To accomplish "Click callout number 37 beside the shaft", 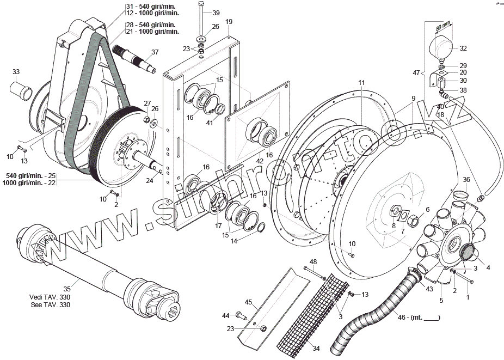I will (155, 52).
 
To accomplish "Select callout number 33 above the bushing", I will (16, 72).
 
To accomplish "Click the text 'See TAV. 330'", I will (51, 304).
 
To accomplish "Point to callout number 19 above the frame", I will (229, 21).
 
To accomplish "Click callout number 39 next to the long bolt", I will (216, 13).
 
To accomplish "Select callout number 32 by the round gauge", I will (463, 48).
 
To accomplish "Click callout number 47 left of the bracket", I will (416, 72).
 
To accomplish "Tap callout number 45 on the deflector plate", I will (248, 302).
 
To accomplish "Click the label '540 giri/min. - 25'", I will (30, 176).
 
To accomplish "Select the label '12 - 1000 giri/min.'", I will (152, 12).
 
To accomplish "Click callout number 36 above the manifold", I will (466, 179).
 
